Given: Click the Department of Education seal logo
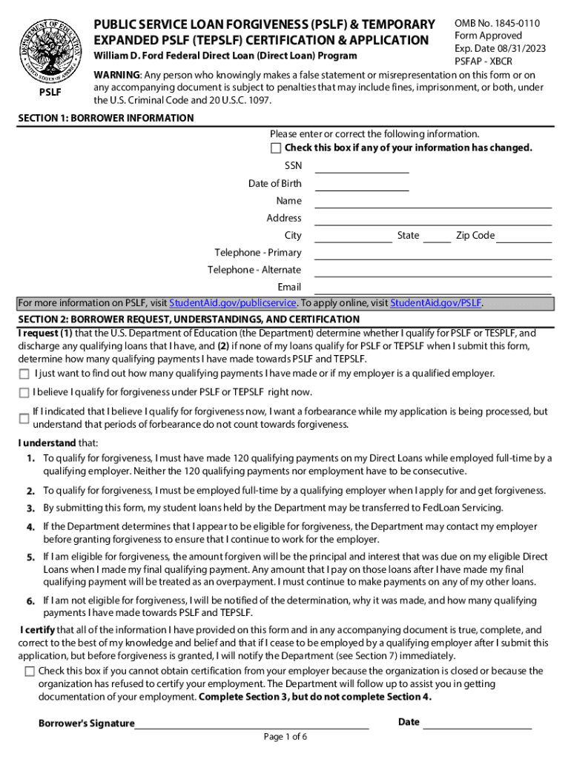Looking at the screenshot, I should (51, 47).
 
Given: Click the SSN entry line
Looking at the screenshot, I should (362, 168).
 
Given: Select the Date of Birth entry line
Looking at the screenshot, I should (362, 185).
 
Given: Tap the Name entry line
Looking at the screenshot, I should (433, 202).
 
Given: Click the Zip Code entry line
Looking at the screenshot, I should (524, 237).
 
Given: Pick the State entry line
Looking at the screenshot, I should (437, 237).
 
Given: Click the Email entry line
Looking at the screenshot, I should (433, 289).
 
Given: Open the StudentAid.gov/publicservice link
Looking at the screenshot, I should (233, 303).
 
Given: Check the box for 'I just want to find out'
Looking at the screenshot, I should (24, 374).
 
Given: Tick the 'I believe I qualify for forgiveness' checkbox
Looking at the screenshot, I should (24, 392).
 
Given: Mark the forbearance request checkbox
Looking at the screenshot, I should (24, 418).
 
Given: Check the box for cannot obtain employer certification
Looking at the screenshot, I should (30, 672).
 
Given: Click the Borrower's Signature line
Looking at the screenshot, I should (252, 725).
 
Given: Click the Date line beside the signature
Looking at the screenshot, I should (477, 724).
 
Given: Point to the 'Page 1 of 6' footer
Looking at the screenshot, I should (285, 737).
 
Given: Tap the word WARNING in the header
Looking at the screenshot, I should (116, 75).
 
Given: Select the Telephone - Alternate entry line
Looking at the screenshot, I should (433, 272).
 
